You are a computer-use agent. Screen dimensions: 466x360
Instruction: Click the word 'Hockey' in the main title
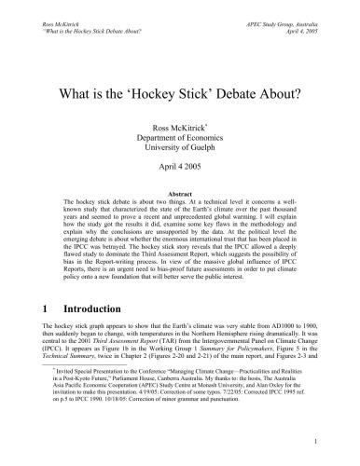(x=174, y=93)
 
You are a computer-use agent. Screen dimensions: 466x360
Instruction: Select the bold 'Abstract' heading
(x=180, y=192)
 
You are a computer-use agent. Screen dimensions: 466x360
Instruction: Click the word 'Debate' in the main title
(x=250, y=93)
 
